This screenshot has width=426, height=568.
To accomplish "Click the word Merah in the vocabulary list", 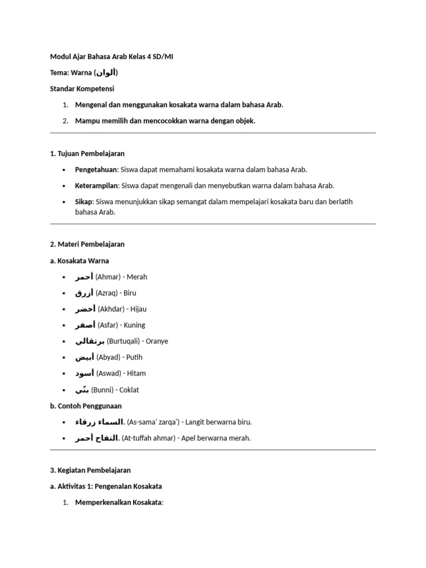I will [x=137, y=277].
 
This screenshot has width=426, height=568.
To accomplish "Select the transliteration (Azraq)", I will [x=108, y=293].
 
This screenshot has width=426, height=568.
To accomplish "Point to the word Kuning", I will [x=134, y=325].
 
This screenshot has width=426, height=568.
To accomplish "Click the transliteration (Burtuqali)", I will [x=126, y=341].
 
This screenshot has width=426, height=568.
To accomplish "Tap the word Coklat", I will [x=129, y=389].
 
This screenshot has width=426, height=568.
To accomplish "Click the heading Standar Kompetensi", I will [x=81, y=89].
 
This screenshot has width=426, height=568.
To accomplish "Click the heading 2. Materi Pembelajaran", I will [x=87, y=244].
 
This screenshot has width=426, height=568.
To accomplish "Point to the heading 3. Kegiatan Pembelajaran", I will [x=90, y=470].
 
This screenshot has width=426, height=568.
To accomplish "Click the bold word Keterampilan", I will [x=97, y=185].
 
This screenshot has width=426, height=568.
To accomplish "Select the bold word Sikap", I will [x=83, y=201].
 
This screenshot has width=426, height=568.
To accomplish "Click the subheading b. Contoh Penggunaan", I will [x=85, y=405].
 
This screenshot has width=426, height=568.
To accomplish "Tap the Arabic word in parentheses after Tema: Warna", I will [x=106, y=73].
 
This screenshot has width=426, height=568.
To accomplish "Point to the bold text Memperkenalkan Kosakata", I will [x=118, y=502].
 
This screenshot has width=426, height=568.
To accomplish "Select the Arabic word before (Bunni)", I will [x=82, y=389].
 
